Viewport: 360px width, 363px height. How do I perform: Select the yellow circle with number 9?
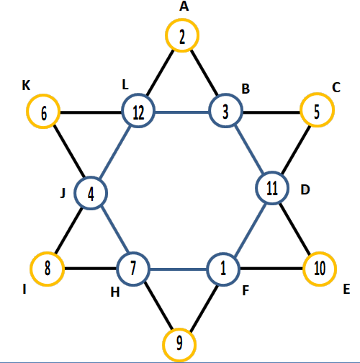tap(179, 330)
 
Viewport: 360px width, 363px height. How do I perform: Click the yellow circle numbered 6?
tap(43, 96)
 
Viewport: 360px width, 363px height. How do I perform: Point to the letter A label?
tap(184, 6)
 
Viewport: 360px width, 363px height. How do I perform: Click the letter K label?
tap(26, 85)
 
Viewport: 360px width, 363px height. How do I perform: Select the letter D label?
tap(305, 189)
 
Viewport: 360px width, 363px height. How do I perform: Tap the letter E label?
tap(346, 289)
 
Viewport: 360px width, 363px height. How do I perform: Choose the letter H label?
tap(115, 292)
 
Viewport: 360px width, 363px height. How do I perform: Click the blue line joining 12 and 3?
tap(182, 112)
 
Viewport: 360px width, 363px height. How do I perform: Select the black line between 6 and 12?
tap(91, 112)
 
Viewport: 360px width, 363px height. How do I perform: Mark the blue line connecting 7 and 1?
tap(178, 269)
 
